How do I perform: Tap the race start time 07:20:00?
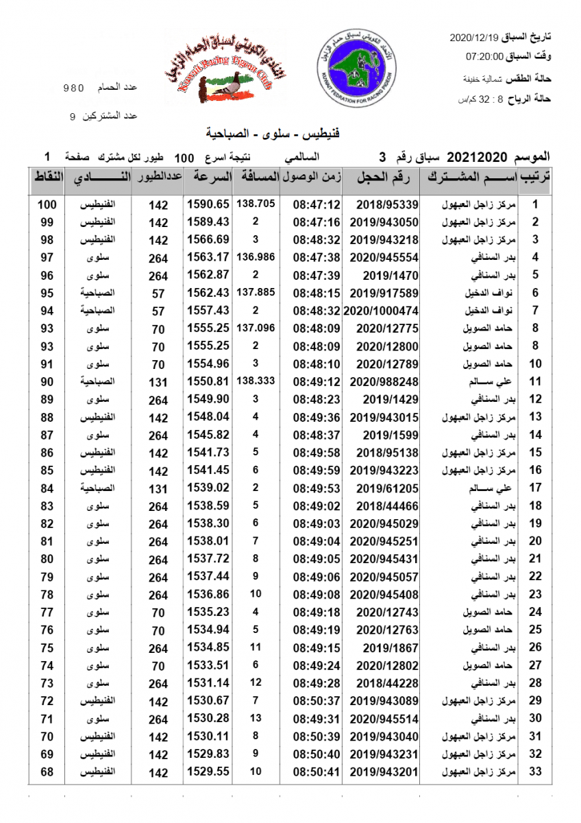coord(485,56)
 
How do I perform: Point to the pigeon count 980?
coord(73,88)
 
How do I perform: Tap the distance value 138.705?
coord(256,204)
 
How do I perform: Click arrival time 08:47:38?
coord(317,257)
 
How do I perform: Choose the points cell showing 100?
coord(47,204)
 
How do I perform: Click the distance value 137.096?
coord(256,328)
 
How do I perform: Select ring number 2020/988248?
coord(388,381)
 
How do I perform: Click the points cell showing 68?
coord(47,772)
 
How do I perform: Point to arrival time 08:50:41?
coord(317,772)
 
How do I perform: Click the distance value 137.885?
coord(256,292)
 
